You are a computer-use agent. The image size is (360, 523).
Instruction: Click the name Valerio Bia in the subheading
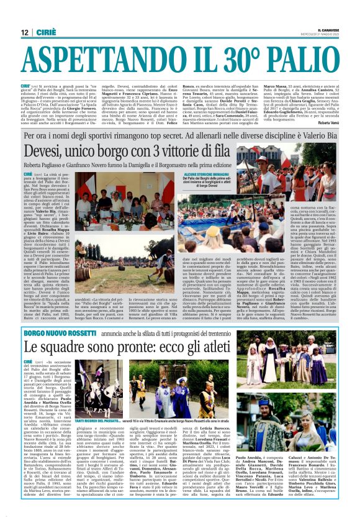pyautogui.click(x=322, y=134)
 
